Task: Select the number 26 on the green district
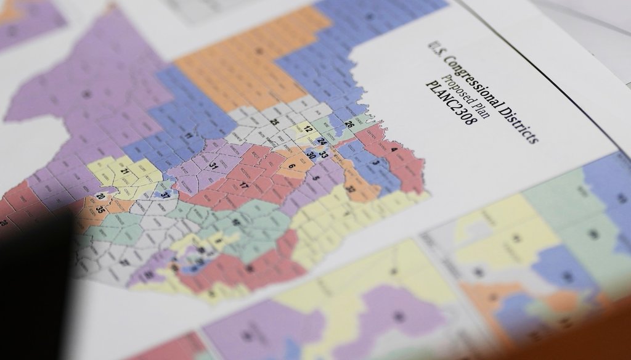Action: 349,125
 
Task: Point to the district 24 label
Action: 321,141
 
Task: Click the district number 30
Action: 312,155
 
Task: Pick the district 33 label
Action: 324,155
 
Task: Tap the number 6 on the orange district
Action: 291,166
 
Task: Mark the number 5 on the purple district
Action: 317,178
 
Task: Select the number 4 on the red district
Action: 394,149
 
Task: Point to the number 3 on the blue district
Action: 375,163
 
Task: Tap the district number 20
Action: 100,197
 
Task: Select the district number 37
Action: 165,194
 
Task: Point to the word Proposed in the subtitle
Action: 458,83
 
